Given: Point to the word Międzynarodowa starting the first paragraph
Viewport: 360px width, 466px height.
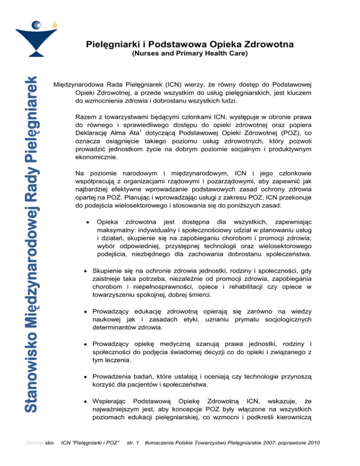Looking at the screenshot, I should [81, 85].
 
